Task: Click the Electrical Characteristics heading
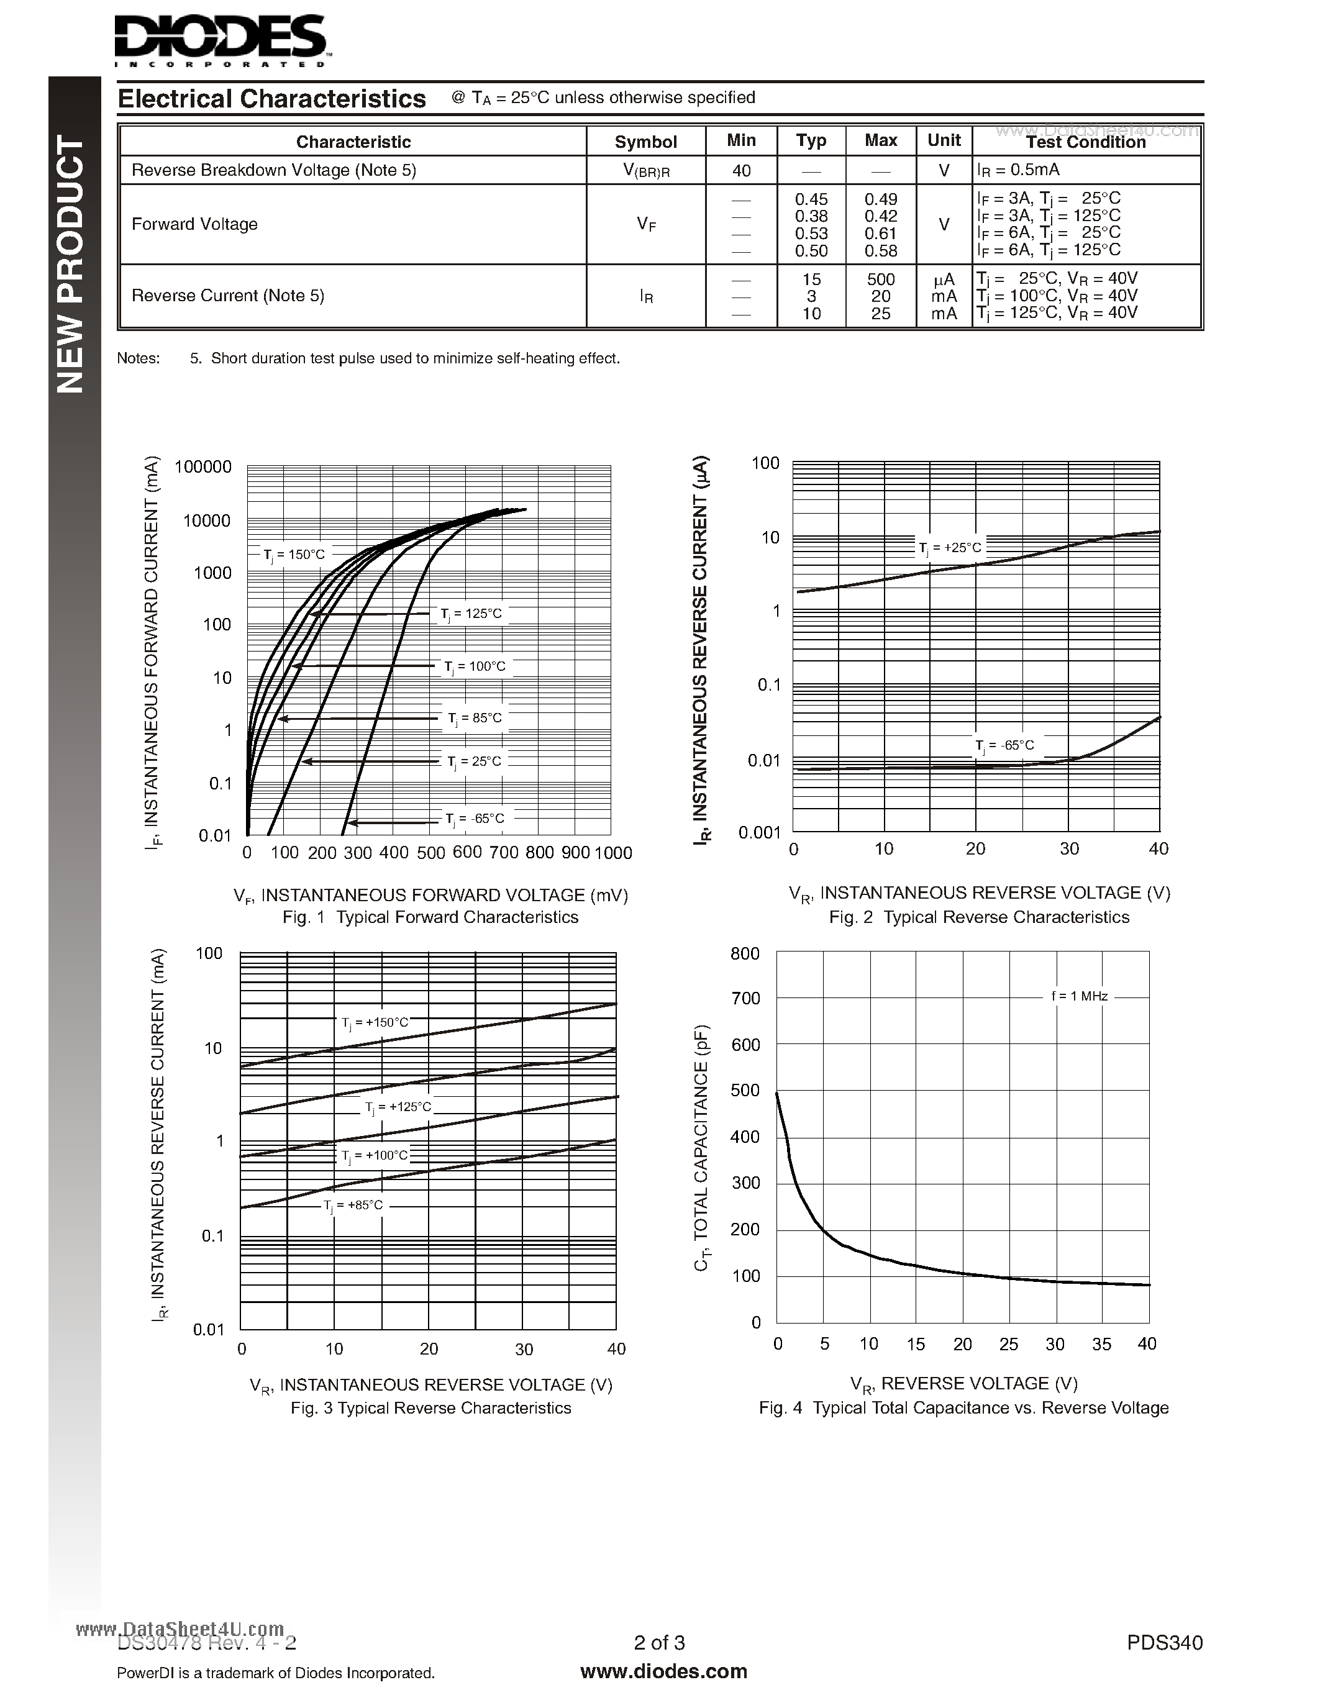click(271, 99)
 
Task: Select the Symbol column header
click(645, 142)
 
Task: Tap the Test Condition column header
click(1085, 142)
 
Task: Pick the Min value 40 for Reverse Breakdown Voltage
click(740, 170)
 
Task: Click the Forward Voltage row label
click(194, 224)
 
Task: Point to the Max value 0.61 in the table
click(881, 233)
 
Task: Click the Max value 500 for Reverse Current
click(881, 279)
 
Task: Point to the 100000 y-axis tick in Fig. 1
click(203, 467)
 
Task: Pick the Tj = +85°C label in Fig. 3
click(353, 1205)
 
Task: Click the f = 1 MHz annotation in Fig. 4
click(1079, 996)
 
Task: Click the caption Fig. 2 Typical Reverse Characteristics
click(979, 917)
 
